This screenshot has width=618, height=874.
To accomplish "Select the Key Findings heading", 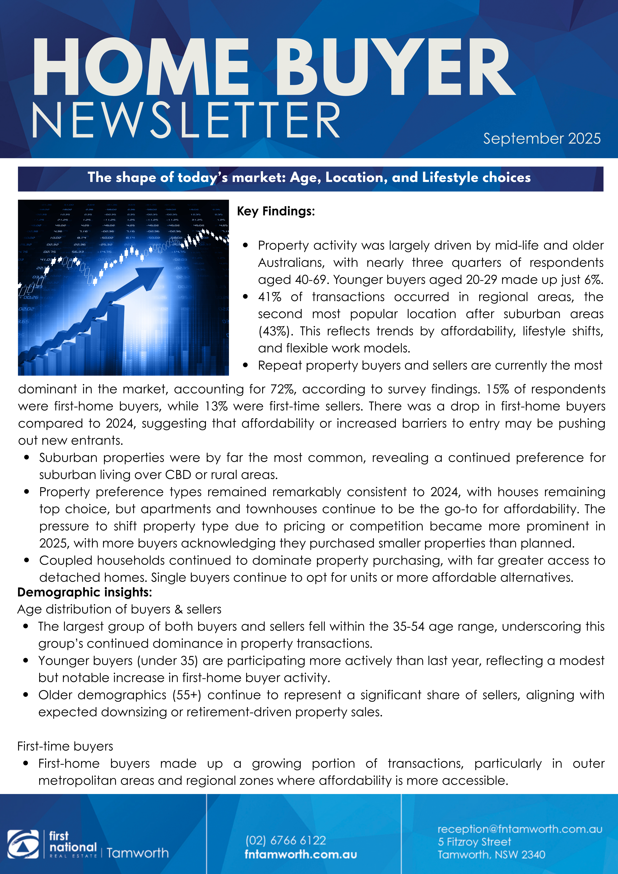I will (x=276, y=211).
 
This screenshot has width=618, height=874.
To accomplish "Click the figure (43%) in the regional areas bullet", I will (x=275, y=331).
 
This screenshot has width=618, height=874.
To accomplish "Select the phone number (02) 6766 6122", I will (x=286, y=840).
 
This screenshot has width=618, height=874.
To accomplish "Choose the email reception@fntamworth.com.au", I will (x=520, y=829).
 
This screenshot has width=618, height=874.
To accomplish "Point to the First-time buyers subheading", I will (x=65, y=746).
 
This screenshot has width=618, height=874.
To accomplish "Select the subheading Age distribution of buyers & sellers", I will (x=119, y=609).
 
